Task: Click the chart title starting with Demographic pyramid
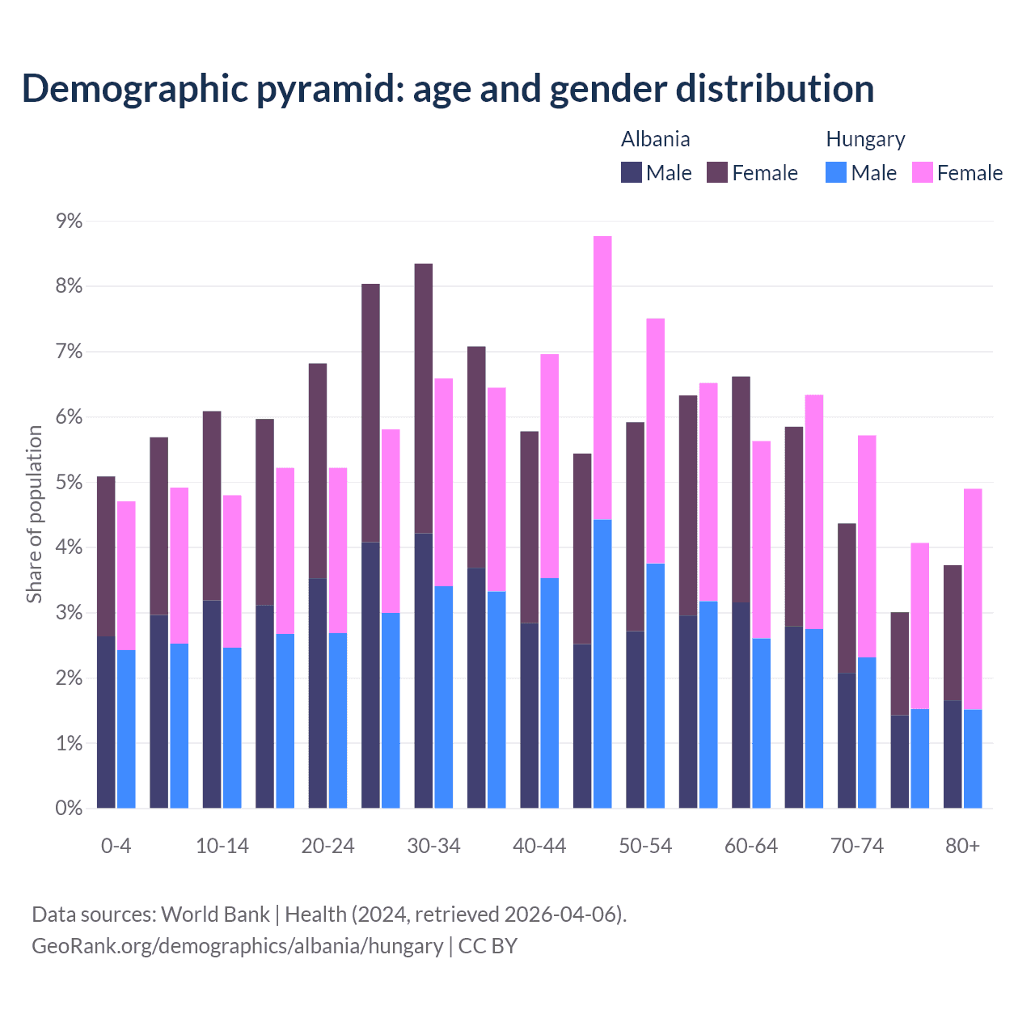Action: pyautogui.click(x=448, y=89)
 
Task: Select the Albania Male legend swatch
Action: pyautogui.click(x=631, y=172)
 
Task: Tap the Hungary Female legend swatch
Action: pyautogui.click(x=922, y=172)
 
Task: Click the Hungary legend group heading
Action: pyautogui.click(x=865, y=139)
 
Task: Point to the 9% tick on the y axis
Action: pyautogui.click(x=69, y=221)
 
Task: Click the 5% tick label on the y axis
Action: pyautogui.click(x=69, y=483)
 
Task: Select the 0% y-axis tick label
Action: pyautogui.click(x=69, y=809)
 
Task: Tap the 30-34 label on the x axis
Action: pyautogui.click(x=433, y=846)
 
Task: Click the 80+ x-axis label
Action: pyautogui.click(x=962, y=846)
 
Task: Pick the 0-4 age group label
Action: pyautogui.click(x=116, y=846)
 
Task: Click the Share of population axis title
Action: pyautogui.click(x=35, y=514)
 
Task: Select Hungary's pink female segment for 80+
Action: pyautogui.click(x=973, y=598)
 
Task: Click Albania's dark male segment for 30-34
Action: pyautogui.click(x=423, y=671)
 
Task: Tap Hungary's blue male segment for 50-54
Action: pyautogui.click(x=656, y=686)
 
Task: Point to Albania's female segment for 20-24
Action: pyautogui.click(x=318, y=471)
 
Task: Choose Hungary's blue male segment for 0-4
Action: pyautogui.click(x=126, y=729)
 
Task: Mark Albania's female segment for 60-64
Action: pyautogui.click(x=741, y=489)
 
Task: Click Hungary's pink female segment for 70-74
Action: pyautogui.click(x=867, y=546)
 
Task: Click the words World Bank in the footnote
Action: pyautogui.click(x=215, y=915)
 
